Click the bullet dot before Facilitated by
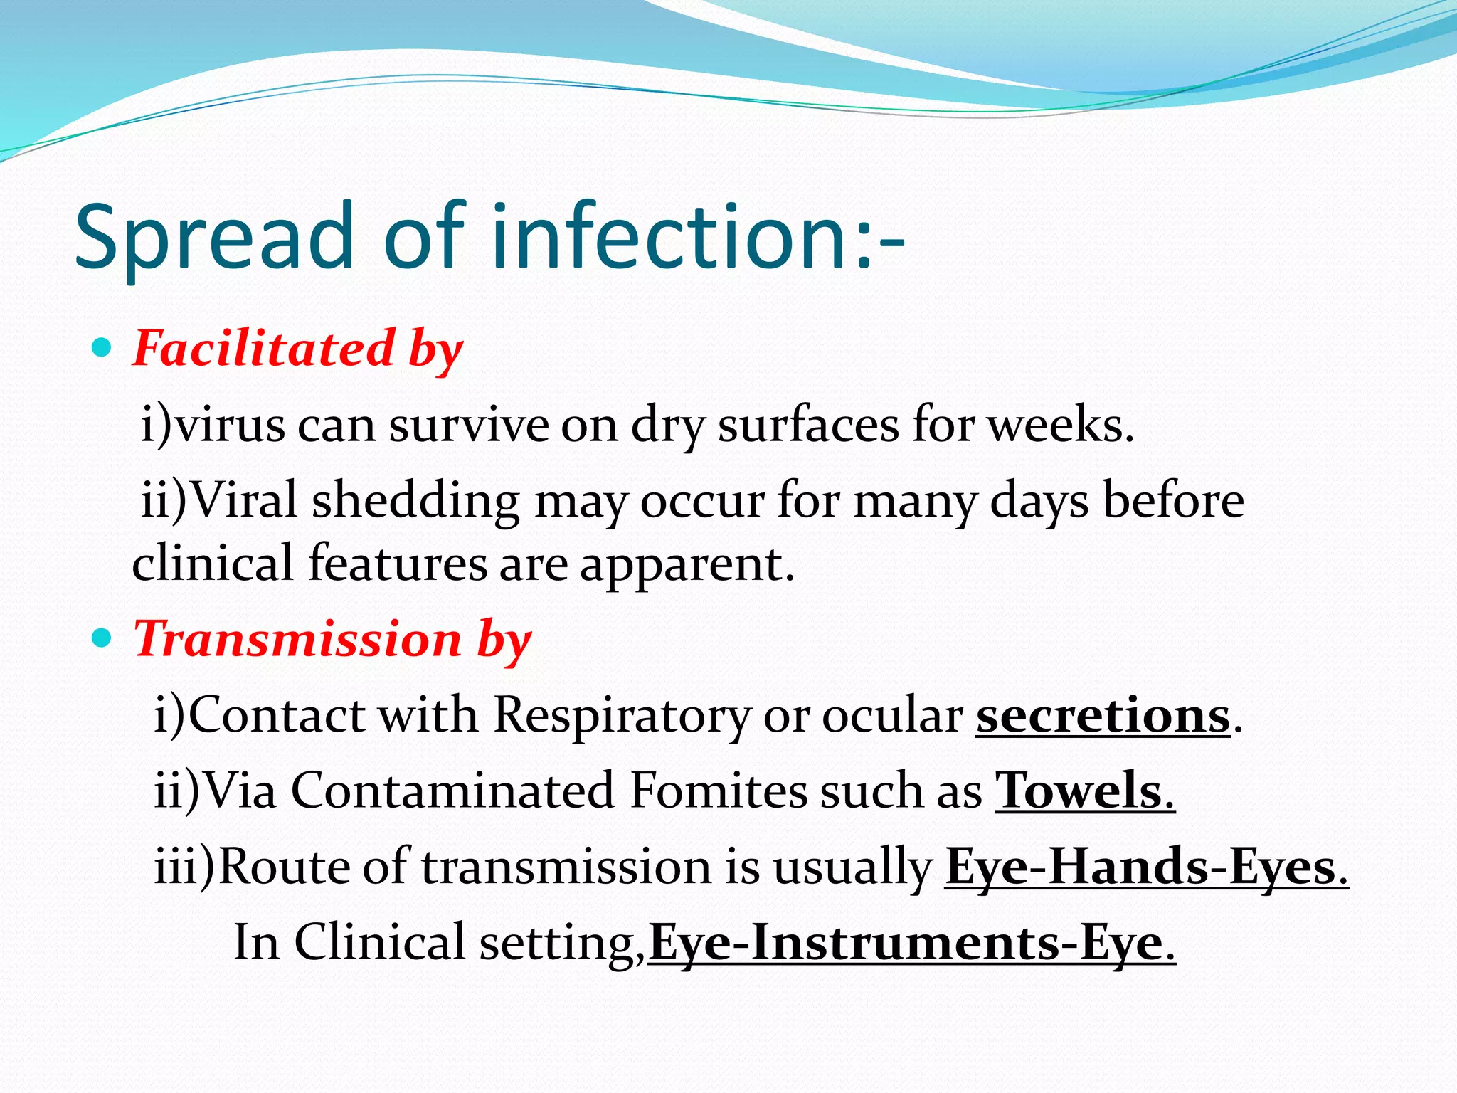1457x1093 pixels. click(102, 348)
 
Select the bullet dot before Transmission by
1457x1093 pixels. click(102, 638)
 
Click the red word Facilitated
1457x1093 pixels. click(264, 349)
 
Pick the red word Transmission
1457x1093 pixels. click(297, 638)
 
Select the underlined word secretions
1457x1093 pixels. click(1103, 715)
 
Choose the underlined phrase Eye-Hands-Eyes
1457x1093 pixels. click(1145, 867)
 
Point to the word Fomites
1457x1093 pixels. click(719, 791)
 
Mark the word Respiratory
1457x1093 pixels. click(622, 715)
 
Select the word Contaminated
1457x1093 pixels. click(452, 791)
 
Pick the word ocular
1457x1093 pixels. click(892, 715)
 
